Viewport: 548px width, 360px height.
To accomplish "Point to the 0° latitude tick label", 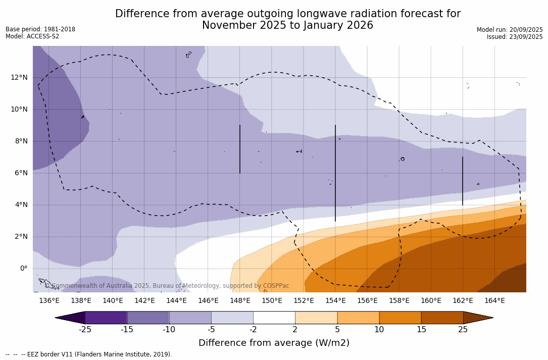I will [x=24, y=269].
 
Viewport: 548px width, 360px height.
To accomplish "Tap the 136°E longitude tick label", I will [x=49, y=300].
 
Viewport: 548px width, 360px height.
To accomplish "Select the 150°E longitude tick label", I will [x=272, y=300].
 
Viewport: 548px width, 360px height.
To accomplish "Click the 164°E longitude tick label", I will [x=494, y=300].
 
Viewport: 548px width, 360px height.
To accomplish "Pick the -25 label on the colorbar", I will [x=85, y=330].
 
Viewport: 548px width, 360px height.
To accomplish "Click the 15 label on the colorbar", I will [x=421, y=330].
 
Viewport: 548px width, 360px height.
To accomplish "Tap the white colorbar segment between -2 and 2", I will [x=274, y=318].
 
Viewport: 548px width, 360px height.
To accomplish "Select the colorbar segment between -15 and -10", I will [x=148, y=318].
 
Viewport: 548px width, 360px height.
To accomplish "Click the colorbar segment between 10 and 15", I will [x=400, y=318].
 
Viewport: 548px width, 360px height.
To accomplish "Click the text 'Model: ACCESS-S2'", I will [x=32, y=36].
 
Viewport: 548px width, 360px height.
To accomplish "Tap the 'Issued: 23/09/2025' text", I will [x=515, y=37].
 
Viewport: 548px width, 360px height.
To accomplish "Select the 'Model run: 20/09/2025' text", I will [x=510, y=30].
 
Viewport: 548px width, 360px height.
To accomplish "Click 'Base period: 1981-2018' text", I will [x=40, y=29].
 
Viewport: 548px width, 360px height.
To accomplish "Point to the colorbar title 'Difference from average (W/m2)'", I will [x=274, y=343].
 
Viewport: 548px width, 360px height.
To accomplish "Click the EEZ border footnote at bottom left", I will [x=89, y=354].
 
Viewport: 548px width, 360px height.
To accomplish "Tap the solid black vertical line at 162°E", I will [x=463, y=181].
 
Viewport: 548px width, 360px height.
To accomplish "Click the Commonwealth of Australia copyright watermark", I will [x=167, y=286].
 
